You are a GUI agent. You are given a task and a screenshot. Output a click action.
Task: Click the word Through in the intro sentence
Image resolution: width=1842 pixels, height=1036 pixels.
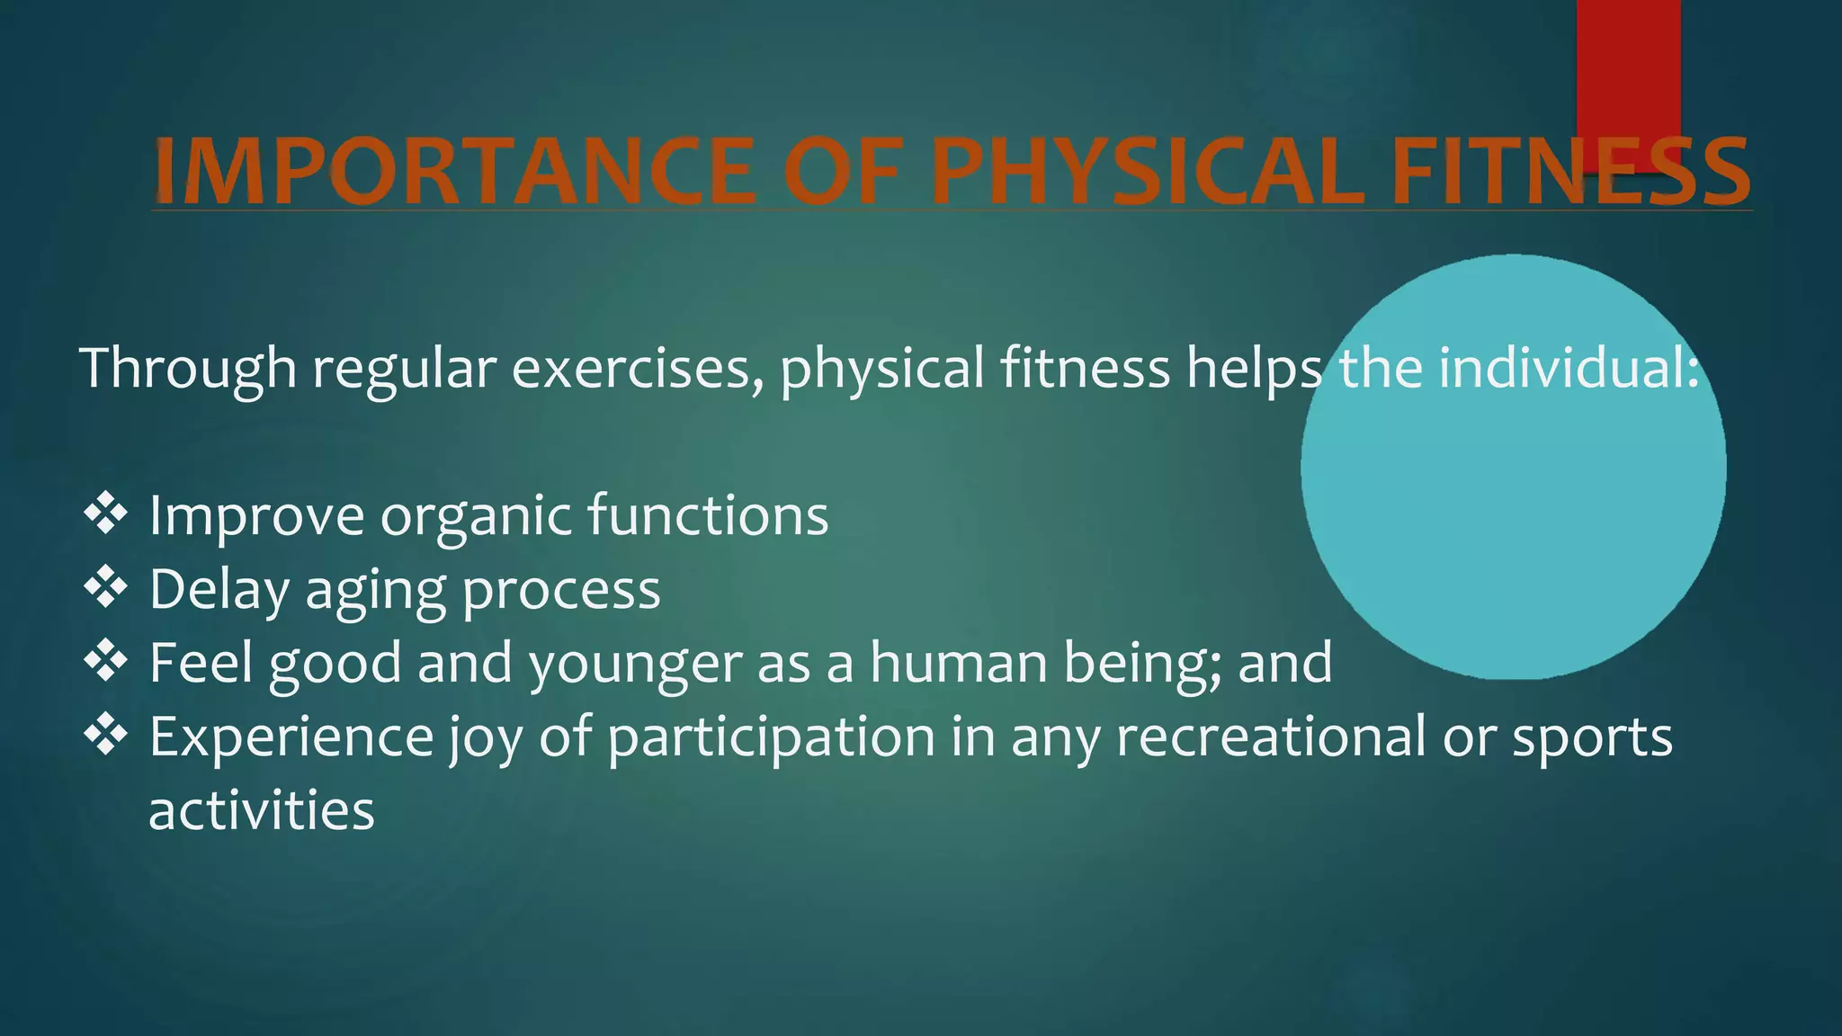coord(188,369)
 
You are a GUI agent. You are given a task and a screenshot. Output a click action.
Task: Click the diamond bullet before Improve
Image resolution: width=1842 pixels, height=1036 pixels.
coord(105,514)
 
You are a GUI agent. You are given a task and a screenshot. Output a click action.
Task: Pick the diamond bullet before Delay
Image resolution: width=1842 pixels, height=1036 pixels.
coord(105,588)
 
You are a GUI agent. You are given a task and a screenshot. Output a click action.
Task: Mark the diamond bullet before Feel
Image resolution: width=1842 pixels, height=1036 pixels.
coord(105,662)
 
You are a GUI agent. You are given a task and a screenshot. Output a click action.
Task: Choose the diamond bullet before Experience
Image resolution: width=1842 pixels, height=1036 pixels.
coord(105,735)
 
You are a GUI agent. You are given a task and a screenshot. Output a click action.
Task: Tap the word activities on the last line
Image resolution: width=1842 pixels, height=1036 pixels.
coord(261,810)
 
